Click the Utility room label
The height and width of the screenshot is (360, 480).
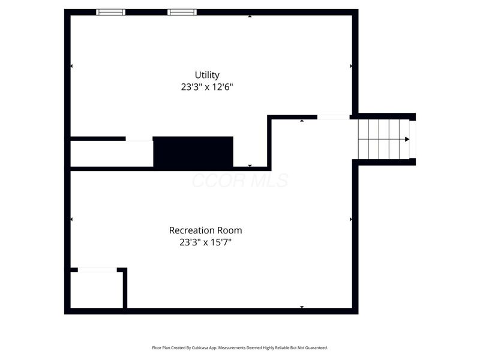click(207, 75)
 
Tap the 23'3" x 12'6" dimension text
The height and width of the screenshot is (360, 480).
click(207, 87)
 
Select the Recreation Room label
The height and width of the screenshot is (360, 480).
click(206, 230)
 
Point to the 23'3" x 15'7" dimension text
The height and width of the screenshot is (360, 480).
click(206, 242)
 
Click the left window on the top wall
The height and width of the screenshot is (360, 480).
click(111, 12)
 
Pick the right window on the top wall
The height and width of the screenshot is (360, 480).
click(182, 12)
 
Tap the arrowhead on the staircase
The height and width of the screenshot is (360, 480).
click(407, 139)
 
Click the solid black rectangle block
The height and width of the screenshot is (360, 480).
click(193, 152)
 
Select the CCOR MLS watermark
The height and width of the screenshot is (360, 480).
click(239, 181)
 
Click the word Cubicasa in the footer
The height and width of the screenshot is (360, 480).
click(213, 347)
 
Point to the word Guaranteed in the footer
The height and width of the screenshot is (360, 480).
click(315, 347)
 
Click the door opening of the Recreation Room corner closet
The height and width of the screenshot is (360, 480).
click(97, 270)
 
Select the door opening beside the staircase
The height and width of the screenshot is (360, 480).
click(334, 117)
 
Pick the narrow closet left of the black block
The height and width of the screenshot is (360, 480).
click(112, 154)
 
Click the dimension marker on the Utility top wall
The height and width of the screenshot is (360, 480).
click(250, 16)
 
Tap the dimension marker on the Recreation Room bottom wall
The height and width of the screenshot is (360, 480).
click(302, 307)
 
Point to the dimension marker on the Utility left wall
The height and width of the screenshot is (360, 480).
click(72, 66)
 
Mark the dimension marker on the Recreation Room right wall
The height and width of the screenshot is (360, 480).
click(351, 220)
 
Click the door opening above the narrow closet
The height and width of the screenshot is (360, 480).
click(139, 139)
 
